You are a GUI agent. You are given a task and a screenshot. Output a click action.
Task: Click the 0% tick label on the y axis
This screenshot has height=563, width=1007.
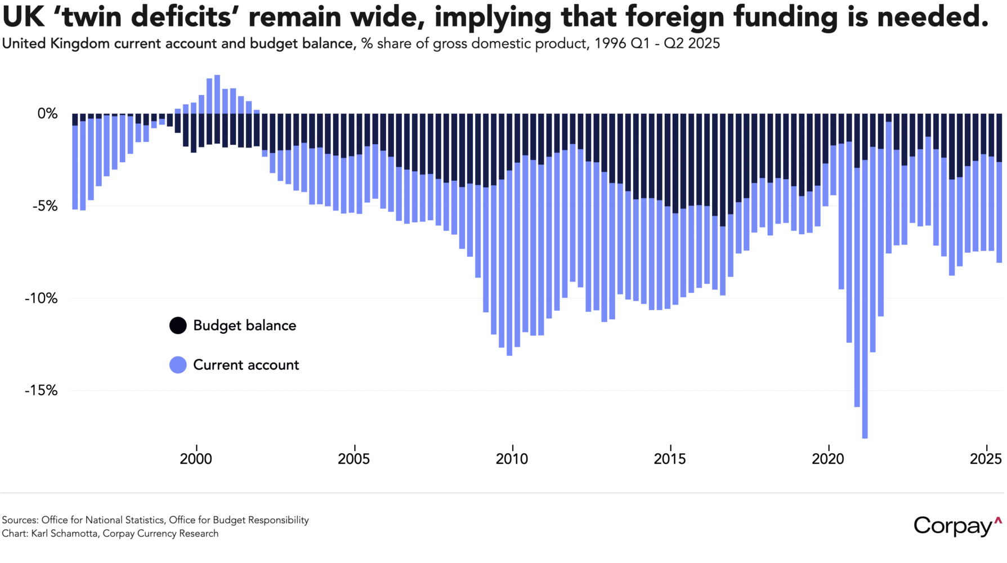click(47, 114)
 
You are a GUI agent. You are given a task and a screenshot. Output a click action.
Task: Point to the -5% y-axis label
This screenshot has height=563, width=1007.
click(45, 206)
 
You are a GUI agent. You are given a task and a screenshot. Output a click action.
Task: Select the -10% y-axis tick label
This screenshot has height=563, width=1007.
click(41, 298)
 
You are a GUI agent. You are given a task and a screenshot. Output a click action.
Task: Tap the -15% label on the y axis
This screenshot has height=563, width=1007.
click(41, 391)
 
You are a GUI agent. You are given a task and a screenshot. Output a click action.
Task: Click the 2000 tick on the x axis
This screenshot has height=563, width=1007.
click(196, 459)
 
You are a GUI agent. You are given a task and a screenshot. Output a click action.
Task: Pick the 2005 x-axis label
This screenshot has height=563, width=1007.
click(354, 459)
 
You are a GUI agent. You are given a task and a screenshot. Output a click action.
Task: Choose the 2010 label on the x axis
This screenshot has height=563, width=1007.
click(512, 459)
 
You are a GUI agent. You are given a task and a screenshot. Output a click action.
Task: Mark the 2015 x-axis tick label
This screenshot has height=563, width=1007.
click(670, 459)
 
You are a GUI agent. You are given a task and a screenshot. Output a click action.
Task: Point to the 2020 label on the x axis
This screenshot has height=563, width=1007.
click(828, 459)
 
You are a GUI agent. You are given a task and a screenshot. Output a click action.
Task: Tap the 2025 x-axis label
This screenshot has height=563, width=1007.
click(986, 459)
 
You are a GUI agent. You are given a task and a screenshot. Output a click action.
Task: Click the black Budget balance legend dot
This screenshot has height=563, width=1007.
click(178, 325)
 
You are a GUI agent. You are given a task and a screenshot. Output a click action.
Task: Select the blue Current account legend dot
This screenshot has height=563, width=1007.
click(178, 365)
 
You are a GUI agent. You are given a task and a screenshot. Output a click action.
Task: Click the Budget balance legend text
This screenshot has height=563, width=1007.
click(244, 325)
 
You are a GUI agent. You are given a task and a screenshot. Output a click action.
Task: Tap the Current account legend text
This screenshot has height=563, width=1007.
click(246, 365)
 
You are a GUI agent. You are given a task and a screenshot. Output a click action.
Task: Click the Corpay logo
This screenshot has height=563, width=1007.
click(957, 526)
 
